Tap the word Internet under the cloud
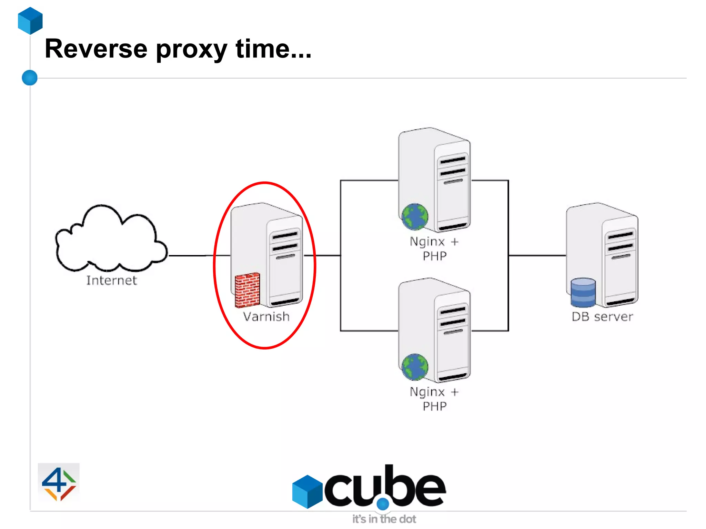[x=111, y=281]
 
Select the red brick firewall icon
[x=247, y=290]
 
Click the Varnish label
[x=266, y=317]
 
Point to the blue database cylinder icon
[x=583, y=293]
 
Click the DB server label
[x=602, y=317]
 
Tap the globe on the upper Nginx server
[x=415, y=216]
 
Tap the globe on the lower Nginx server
[x=415, y=367]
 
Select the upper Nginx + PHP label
[x=434, y=248]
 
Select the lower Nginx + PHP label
[x=434, y=399]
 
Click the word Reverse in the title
[x=96, y=49]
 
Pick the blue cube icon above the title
[x=30, y=21]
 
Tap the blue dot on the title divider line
[x=30, y=78]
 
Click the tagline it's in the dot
[x=384, y=519]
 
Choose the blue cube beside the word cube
[x=307, y=491]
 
